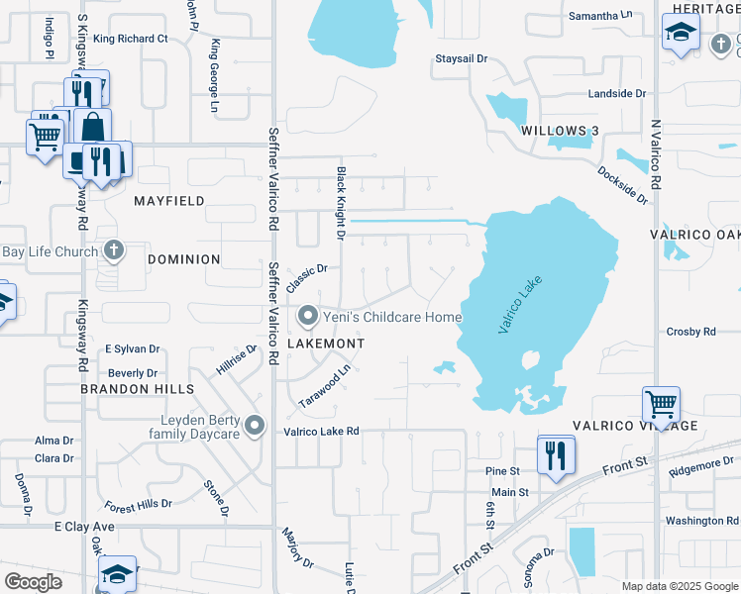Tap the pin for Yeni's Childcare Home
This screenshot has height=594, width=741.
pos(308,317)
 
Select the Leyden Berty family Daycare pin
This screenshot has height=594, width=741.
pos(255,427)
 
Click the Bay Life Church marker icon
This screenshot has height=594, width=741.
pos(114,251)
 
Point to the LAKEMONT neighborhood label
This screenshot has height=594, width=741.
pos(326,344)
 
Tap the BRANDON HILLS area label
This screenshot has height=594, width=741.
pos(138,390)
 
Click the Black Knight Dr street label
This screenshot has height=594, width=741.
pos(341,203)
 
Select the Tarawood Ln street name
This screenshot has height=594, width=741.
pos(326,387)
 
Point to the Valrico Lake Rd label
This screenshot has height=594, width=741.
pos(321,432)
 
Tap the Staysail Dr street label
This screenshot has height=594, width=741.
pos(463,59)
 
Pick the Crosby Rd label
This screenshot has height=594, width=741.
pos(691,332)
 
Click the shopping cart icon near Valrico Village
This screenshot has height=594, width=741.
pos(660,404)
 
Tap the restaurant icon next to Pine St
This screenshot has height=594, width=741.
pos(555,454)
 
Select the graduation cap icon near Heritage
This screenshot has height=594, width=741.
pos(680,32)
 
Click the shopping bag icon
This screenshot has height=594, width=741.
pos(92,127)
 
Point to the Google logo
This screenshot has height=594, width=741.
pos(33,582)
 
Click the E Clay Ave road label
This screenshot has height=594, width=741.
pos(85,527)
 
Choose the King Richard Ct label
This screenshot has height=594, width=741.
pos(131,39)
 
